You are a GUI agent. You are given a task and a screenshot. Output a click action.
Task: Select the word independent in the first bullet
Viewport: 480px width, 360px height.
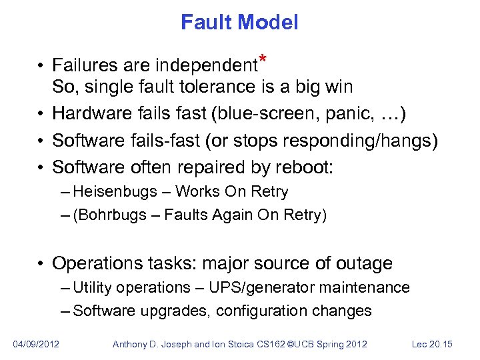(206, 66)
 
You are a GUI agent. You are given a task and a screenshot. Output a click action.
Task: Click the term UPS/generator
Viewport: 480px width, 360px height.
(257, 288)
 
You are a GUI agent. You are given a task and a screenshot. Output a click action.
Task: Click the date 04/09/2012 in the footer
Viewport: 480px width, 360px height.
(36, 344)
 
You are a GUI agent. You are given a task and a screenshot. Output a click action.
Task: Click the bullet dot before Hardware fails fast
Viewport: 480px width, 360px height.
(41, 115)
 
